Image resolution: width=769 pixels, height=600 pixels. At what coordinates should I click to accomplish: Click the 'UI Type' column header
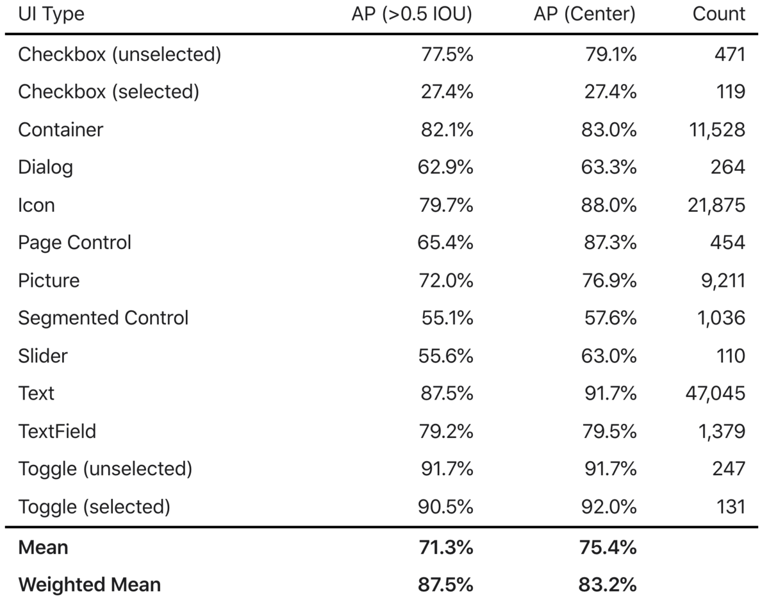coord(51,14)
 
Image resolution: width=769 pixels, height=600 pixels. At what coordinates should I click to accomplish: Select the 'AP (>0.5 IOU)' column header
coord(412,14)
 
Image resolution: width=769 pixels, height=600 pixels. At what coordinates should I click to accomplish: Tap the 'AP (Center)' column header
coord(584,14)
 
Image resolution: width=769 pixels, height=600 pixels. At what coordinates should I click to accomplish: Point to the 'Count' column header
coord(719,14)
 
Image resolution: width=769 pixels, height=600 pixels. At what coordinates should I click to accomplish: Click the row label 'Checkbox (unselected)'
coord(120,54)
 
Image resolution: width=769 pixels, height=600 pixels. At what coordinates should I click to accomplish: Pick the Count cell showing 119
coord(731,92)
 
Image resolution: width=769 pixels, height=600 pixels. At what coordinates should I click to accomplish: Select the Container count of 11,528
coord(717,130)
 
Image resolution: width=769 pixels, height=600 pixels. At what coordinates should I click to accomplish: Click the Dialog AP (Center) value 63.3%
coord(609,167)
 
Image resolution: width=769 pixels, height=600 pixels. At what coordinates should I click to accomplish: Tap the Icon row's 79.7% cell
coord(446,205)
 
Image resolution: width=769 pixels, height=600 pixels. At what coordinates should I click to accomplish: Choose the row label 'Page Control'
coord(75,243)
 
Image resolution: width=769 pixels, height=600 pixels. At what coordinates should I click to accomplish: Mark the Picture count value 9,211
coord(723,280)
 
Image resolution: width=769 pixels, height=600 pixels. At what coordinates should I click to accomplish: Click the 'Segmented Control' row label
coord(103,318)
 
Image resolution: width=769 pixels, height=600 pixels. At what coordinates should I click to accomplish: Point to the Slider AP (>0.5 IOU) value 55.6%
coord(446,355)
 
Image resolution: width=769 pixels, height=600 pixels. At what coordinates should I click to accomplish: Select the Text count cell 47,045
coord(715,393)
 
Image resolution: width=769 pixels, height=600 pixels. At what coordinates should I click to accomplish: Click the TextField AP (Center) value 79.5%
coord(609,432)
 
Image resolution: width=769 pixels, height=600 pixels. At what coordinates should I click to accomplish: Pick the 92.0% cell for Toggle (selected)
coord(609,507)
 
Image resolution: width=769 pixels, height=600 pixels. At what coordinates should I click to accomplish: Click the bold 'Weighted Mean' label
coord(90,585)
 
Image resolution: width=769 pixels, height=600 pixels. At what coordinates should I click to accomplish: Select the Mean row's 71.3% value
coord(446,547)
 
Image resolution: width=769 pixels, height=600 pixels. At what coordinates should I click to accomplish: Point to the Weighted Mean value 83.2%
coord(608,585)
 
